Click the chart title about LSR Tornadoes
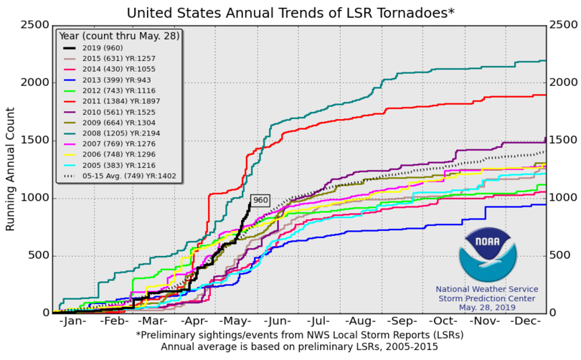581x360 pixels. click(x=290, y=12)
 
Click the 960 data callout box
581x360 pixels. click(x=260, y=200)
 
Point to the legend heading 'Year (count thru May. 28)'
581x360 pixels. click(x=118, y=35)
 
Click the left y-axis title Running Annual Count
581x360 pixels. click(x=11, y=169)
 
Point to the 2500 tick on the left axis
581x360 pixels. click(x=34, y=25)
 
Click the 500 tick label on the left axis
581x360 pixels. click(x=37, y=256)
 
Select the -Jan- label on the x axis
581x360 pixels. click(x=73, y=322)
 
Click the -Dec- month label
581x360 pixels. click(x=526, y=322)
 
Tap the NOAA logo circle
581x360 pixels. click(x=487, y=255)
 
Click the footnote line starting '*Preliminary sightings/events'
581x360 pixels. click(x=299, y=336)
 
